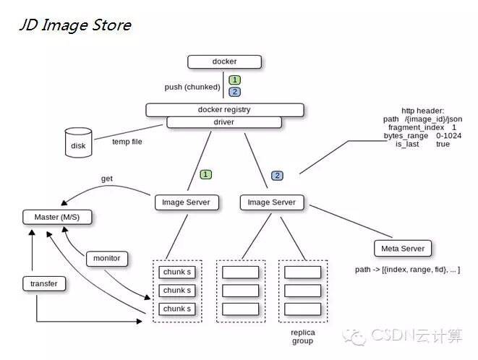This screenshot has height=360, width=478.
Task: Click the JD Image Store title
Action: click(x=74, y=25)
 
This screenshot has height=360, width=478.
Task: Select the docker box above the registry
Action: click(x=224, y=62)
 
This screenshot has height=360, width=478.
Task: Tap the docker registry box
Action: click(x=224, y=110)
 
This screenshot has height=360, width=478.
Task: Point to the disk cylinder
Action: click(x=78, y=144)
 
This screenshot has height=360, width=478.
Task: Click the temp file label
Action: click(x=127, y=142)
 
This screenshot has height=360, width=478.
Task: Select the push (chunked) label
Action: click(x=192, y=87)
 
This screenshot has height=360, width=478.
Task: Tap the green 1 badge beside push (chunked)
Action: click(x=235, y=80)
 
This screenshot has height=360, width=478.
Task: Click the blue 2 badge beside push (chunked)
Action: click(x=235, y=92)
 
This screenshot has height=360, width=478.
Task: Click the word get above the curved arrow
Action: click(x=106, y=179)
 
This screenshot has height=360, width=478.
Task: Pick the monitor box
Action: click(x=107, y=258)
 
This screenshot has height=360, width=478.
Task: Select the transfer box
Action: click(x=44, y=284)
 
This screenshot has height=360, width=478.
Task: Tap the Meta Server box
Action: click(x=402, y=249)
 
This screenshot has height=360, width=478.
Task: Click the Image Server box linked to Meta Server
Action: click(x=272, y=202)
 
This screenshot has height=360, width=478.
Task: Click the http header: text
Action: click(x=423, y=110)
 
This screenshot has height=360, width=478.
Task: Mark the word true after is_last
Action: click(x=443, y=145)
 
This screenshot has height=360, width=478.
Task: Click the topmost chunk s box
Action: click(x=177, y=273)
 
